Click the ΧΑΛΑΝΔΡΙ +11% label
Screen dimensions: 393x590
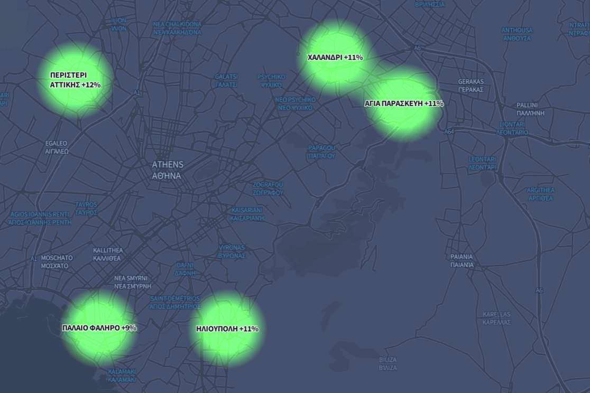(335, 57)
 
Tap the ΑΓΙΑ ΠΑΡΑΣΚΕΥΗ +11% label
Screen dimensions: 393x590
(404, 104)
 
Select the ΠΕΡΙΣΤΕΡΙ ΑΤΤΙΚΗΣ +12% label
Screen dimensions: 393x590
(75, 80)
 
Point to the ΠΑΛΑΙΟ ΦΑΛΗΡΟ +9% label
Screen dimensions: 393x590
(99, 328)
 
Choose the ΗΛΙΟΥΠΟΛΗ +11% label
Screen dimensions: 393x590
(227, 329)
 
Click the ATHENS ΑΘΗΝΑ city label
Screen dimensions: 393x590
(167, 170)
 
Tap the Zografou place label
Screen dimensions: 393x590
(268, 189)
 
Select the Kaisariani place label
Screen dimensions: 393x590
(247, 214)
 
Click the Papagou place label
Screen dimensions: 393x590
(321, 152)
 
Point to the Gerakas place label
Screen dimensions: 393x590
(471, 86)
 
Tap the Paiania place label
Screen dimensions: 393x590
(462, 260)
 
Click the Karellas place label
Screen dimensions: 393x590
(496, 318)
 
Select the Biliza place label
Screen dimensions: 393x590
(388, 363)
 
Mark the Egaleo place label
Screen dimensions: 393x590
(57, 147)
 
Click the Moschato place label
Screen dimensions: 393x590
(56, 261)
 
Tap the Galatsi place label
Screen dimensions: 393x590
(226, 80)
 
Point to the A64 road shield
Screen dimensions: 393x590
(449, 131)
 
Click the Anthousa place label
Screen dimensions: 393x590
(517, 34)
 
